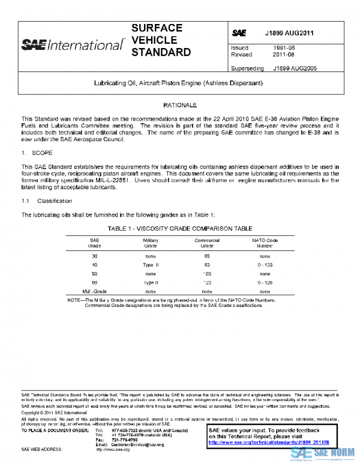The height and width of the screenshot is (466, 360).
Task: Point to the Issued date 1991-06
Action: (x=283, y=47)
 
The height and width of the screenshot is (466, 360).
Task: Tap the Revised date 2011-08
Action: (x=283, y=54)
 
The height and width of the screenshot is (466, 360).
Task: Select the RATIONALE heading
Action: (x=181, y=105)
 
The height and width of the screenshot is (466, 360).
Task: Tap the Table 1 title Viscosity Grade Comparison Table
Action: (x=181, y=228)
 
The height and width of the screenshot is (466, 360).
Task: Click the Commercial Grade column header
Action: (x=207, y=243)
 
